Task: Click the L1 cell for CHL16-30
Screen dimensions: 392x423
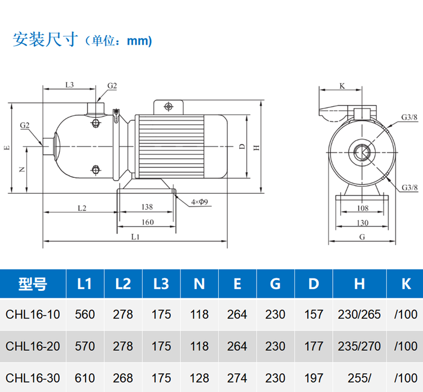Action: point(85,377)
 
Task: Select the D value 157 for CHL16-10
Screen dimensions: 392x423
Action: point(314,314)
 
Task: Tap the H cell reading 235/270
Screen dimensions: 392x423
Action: point(359,346)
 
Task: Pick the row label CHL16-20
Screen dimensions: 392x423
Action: point(33,346)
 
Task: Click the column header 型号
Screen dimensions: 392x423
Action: point(33,284)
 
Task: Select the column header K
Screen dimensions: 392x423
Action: point(406,284)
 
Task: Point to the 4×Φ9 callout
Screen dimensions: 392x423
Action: point(200,202)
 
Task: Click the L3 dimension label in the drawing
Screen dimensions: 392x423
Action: point(69,85)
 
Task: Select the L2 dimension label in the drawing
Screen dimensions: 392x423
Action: point(81,208)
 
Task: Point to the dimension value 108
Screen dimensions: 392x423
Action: point(363,208)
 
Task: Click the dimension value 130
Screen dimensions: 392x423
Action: point(363,222)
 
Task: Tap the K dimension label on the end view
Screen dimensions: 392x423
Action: point(342,86)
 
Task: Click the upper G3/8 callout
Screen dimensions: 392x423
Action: point(409,117)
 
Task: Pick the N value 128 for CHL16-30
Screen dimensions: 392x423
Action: point(200,377)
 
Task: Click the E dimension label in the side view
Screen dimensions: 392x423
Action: point(7,148)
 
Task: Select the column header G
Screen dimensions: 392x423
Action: point(275,284)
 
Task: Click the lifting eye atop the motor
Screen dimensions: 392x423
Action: point(168,106)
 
